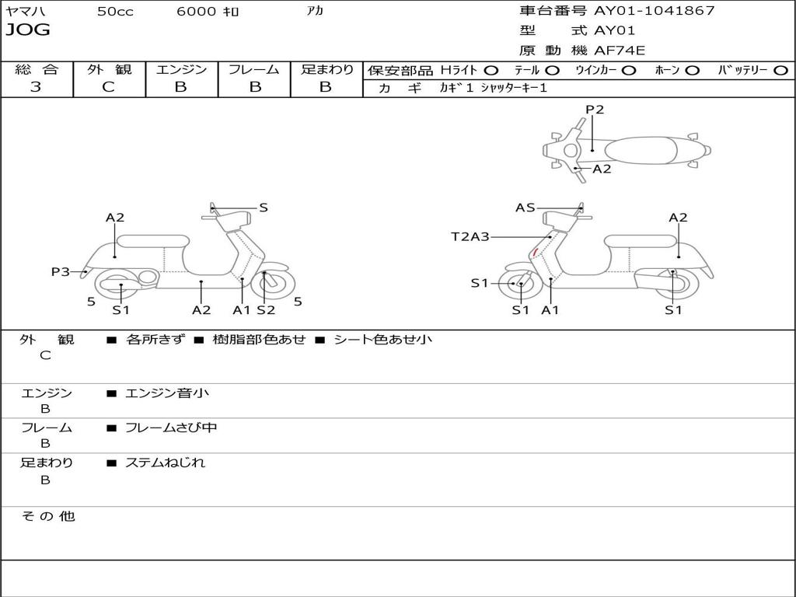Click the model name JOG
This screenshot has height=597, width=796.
(x=28, y=30)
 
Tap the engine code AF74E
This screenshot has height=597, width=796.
(x=620, y=51)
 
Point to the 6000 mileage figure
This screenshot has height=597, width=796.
(x=197, y=12)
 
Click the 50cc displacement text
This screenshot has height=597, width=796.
(x=115, y=12)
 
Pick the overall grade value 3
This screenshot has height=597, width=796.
(x=36, y=87)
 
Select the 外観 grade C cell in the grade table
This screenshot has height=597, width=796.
(x=108, y=87)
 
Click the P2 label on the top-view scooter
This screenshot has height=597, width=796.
(x=595, y=110)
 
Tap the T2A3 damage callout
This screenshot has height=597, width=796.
(x=470, y=237)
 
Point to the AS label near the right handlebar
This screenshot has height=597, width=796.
(x=525, y=208)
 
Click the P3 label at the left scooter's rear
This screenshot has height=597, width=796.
(x=61, y=272)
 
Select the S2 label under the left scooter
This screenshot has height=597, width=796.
(x=266, y=310)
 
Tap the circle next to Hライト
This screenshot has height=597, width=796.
(x=491, y=70)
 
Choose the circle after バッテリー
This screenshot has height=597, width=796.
(x=780, y=70)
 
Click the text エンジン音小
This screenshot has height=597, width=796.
(x=167, y=393)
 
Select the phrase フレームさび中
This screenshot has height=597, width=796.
(x=171, y=428)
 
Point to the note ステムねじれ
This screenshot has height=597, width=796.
(x=165, y=463)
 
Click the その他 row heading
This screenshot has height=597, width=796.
(x=47, y=516)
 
